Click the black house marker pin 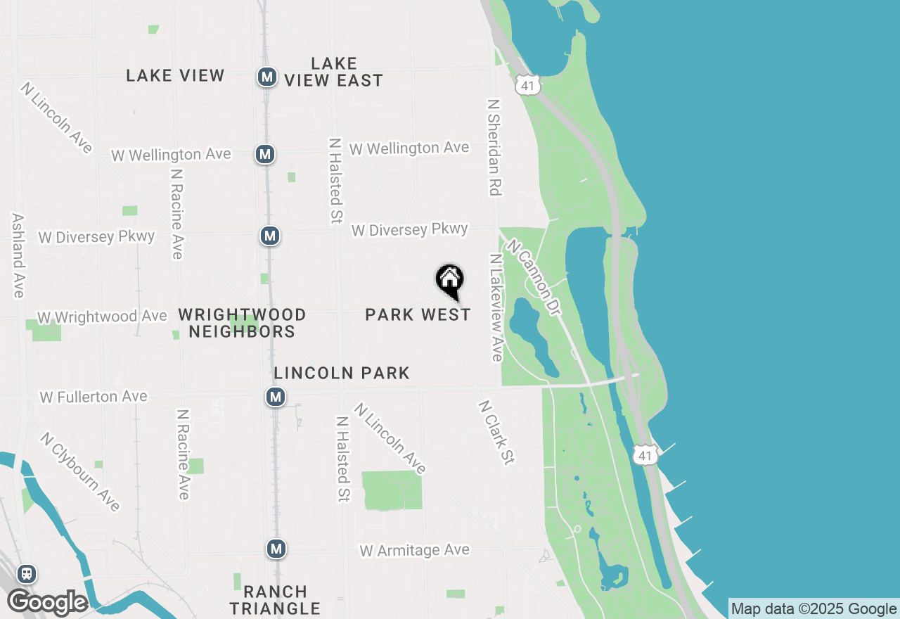pyautogui.click(x=450, y=281)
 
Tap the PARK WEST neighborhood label pyautogui.click(x=418, y=314)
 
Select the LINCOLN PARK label pyautogui.click(x=342, y=373)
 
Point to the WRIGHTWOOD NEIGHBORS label pyautogui.click(x=242, y=323)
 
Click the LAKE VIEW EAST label pyautogui.click(x=333, y=72)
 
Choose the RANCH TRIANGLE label pyautogui.click(x=275, y=600)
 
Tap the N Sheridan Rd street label pyautogui.click(x=495, y=147)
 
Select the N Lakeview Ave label pyautogui.click(x=497, y=307)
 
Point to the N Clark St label pyautogui.click(x=496, y=433)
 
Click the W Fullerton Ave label pyautogui.click(x=94, y=397)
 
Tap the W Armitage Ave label pyautogui.click(x=414, y=550)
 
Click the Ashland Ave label pyautogui.click(x=18, y=255)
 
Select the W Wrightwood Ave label pyautogui.click(x=102, y=317)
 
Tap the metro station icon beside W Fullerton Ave pyautogui.click(x=276, y=397)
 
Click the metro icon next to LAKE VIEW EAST pyautogui.click(x=266, y=77)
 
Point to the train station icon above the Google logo pyautogui.click(x=27, y=574)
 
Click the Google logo pyautogui.click(x=47, y=602)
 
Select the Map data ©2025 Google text pyautogui.click(x=814, y=609)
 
